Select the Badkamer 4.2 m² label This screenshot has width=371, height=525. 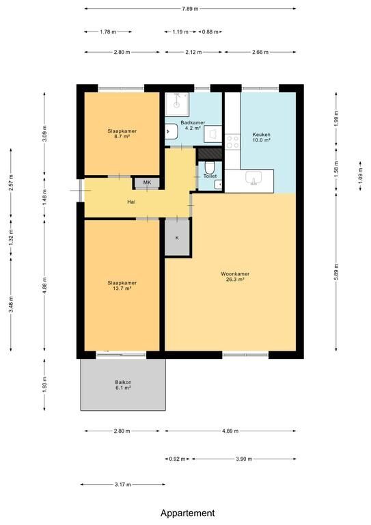click(193, 125)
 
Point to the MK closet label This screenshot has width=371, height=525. click(147, 183)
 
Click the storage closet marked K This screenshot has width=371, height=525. click(178, 237)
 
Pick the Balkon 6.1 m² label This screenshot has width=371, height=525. click(123, 385)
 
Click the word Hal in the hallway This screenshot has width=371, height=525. click(131, 202)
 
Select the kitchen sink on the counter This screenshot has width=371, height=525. click(254, 178)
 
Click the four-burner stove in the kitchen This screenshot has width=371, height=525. click(232, 142)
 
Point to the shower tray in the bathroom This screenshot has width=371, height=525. click(177, 100)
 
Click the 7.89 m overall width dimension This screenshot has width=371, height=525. click(190, 9)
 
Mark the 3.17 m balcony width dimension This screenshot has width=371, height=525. click(123, 484)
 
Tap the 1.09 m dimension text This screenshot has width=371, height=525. click(360, 176)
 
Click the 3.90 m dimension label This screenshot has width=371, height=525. click(244, 459)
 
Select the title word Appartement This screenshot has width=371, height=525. click(188, 513)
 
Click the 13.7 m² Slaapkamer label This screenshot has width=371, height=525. click(122, 285)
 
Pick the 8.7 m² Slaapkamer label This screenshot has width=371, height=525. click(122, 133)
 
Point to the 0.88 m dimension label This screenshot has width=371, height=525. click(210, 32)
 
